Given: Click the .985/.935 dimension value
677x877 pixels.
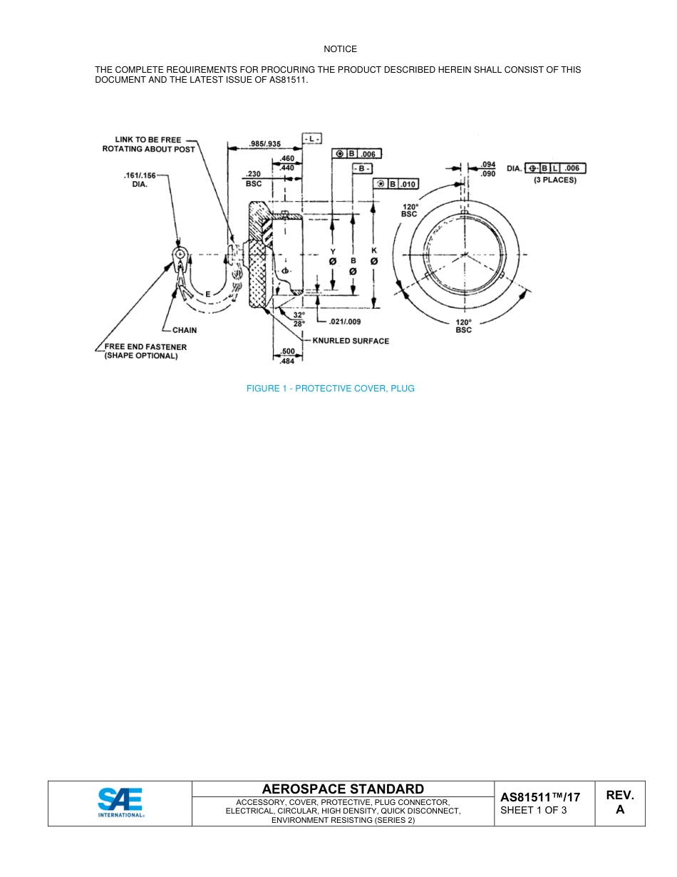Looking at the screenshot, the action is pos(265,144).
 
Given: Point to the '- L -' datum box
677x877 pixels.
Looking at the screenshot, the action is pos(312,138).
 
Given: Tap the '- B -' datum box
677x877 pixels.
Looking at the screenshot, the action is pos(363,168).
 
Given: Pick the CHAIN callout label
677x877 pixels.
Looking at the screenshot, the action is pos(185,331).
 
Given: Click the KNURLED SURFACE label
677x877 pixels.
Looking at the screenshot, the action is pos(351,341).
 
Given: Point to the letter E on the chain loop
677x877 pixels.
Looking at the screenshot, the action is pos(207,294).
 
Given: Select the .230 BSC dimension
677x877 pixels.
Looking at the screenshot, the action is pos(253,178).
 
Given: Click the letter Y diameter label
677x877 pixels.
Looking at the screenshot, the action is pos(332,251).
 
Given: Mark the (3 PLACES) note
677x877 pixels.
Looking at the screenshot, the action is pos(555,180).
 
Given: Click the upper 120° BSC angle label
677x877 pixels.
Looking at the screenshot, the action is pos(409,210).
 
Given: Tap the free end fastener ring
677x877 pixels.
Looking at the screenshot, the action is pos(179,255).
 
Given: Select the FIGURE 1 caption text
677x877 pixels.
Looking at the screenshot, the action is pos(330,389).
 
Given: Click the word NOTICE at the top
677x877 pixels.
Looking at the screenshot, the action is pos(340,49).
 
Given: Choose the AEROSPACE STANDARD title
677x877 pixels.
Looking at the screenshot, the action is pos(343,789).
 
